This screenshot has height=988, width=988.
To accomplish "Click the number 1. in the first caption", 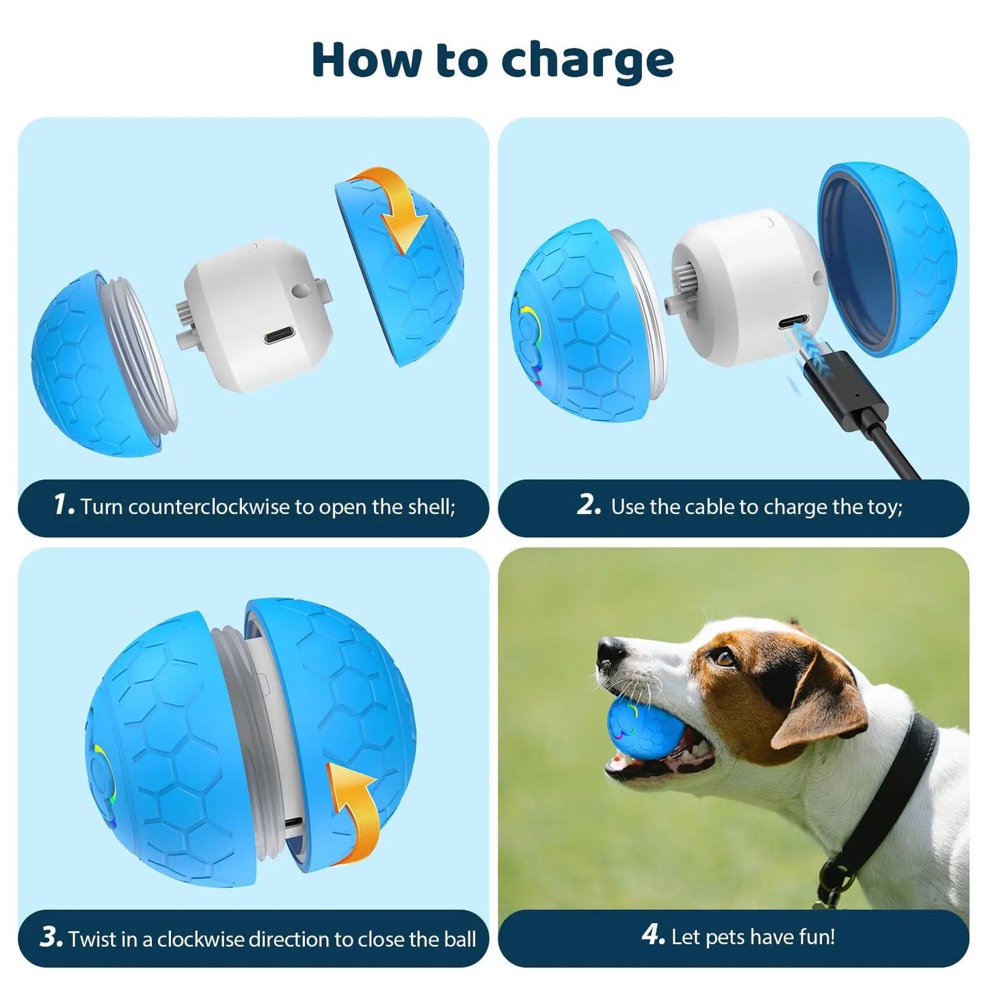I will pos(64,505).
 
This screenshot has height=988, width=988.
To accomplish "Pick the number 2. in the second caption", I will pos(589,505).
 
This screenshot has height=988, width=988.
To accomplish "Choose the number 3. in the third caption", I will pos(51,937).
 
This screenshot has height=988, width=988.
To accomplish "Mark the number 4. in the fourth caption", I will pos(653,935).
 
